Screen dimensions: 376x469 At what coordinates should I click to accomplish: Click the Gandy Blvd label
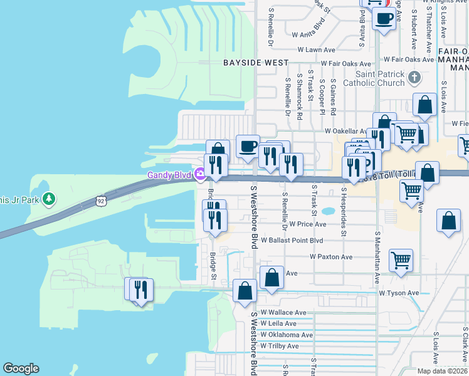168,175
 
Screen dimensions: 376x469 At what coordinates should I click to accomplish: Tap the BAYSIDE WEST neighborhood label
256,63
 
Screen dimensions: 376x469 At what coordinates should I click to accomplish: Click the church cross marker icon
413,78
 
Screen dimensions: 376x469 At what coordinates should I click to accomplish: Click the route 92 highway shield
101,201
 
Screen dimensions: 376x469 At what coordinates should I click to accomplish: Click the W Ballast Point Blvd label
292,240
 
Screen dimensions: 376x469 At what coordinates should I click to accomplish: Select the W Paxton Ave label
331,257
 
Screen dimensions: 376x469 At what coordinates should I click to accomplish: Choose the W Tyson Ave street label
399,293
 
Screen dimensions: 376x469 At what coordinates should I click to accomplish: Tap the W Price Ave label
307,224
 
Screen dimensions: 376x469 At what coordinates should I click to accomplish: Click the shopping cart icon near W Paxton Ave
401,259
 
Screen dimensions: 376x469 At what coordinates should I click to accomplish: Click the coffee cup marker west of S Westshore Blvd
248,146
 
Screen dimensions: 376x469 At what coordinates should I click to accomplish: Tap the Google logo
21,368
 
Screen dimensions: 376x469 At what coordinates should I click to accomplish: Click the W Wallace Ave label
283,312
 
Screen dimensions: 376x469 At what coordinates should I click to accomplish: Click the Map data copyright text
441,371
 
